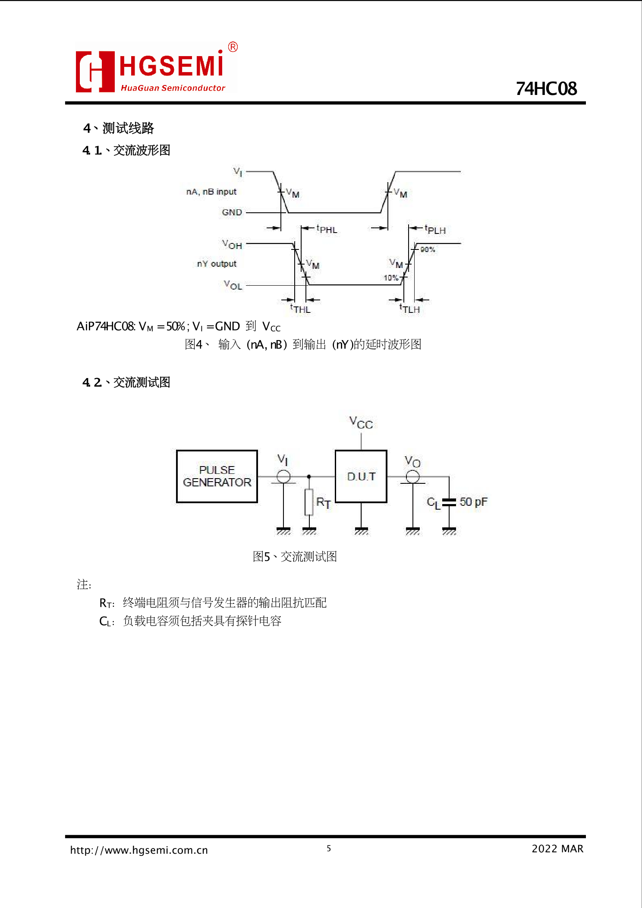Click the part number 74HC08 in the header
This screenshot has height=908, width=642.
[546, 89]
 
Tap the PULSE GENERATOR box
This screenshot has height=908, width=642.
[217, 476]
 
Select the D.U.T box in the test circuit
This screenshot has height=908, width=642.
[361, 476]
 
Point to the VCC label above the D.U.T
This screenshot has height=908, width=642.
[361, 422]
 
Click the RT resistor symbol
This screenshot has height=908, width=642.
[309, 502]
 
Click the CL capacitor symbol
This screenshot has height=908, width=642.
[449, 502]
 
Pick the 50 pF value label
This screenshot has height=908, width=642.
[473, 502]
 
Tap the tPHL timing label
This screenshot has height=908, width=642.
[327, 229]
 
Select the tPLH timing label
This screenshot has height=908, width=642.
[435, 230]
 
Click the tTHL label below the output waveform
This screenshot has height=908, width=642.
[300, 309]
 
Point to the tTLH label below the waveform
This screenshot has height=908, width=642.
[409, 309]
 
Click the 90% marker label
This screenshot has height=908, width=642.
[428, 249]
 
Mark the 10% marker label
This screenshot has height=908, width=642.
[391, 277]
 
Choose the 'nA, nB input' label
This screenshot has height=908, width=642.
[211, 192]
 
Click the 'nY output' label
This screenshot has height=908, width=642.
[217, 264]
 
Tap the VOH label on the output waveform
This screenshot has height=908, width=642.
[232, 245]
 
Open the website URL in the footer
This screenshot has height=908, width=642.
[139, 850]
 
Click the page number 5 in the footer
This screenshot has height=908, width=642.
[329, 848]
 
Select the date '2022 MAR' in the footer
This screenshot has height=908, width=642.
[557, 849]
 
